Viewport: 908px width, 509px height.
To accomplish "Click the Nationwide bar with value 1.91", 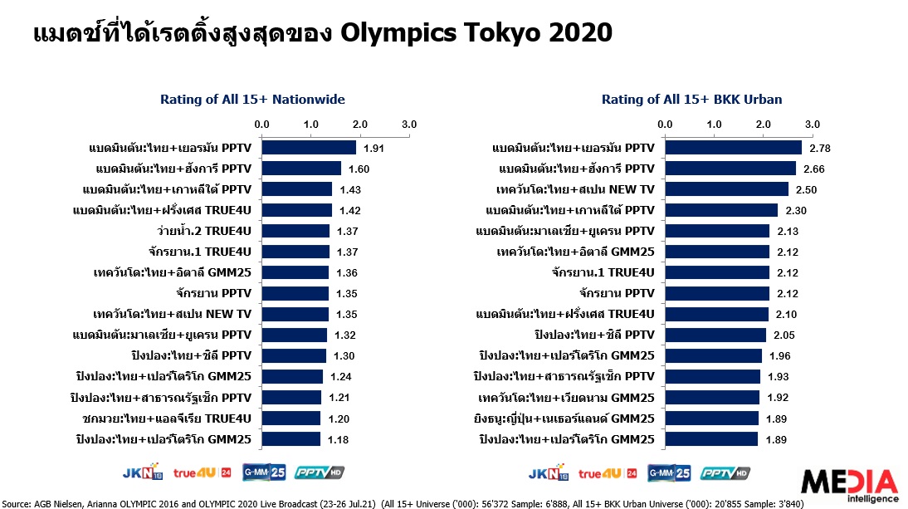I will tap(309, 148).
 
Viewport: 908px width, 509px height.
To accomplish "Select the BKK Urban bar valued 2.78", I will tap(733, 148).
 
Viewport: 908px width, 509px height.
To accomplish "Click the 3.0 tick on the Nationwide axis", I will tap(409, 124).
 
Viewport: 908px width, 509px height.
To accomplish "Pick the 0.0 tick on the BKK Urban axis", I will tap(665, 124).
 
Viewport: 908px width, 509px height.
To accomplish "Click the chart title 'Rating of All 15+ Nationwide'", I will tap(252, 100).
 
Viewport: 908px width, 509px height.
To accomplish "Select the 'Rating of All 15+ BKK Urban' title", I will tap(691, 100).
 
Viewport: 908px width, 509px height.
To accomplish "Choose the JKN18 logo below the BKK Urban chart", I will tap(546, 472).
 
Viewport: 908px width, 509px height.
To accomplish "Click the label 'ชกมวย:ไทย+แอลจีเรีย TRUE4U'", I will tap(168, 418).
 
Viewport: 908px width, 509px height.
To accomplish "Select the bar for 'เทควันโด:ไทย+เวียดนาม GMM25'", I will tap(711, 397).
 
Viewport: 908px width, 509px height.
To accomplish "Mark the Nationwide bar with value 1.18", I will tap(290, 438).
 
